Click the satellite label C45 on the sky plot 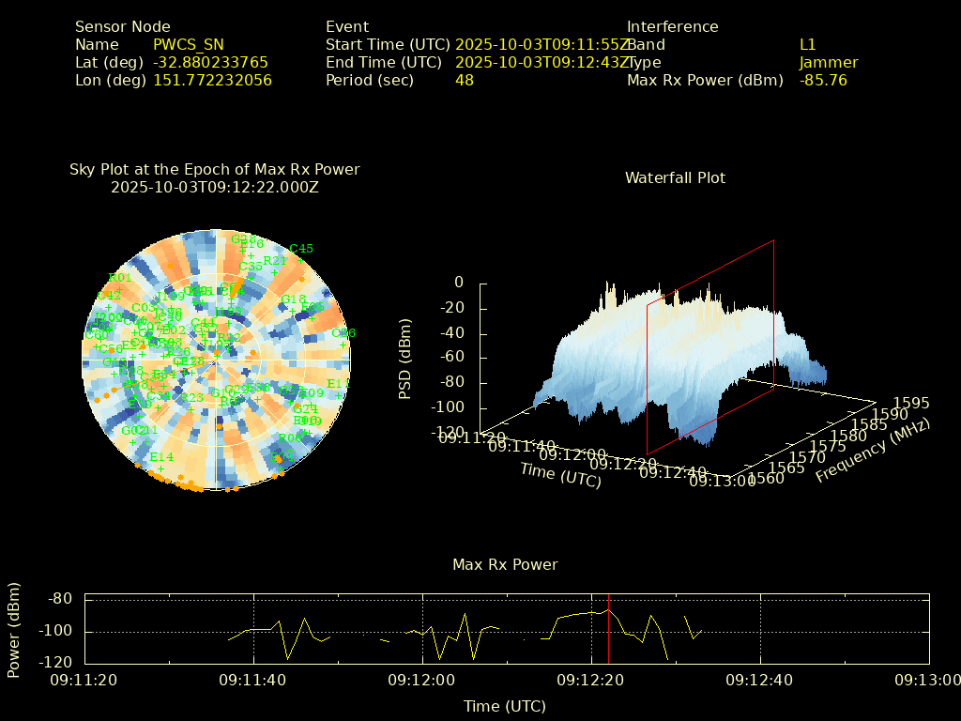click(301, 249)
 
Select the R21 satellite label click(275, 261)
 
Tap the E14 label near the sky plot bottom click(161, 457)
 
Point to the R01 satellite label click(120, 277)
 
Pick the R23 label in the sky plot click(192, 398)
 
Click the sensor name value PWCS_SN click(189, 45)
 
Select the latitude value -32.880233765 click(210, 63)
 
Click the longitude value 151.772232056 click(212, 81)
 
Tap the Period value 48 click(465, 81)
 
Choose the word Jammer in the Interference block click(829, 63)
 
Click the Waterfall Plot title click(675, 178)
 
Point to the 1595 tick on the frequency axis click(911, 403)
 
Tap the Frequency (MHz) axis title click(873, 452)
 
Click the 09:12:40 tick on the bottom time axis click(761, 680)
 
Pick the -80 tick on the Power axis click(61, 599)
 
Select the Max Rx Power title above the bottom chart click(505, 565)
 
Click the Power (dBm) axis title click(14, 630)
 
